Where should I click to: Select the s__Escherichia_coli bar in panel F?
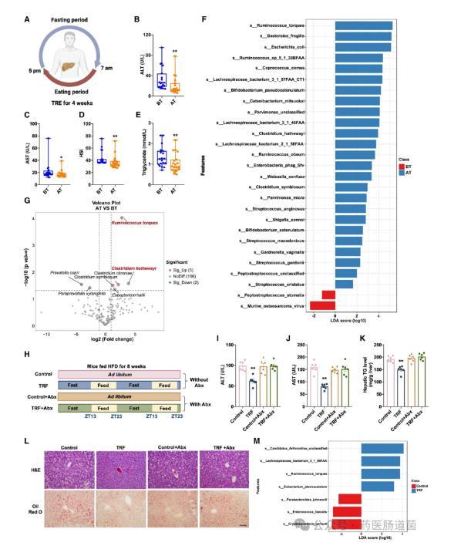[x=363, y=46]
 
